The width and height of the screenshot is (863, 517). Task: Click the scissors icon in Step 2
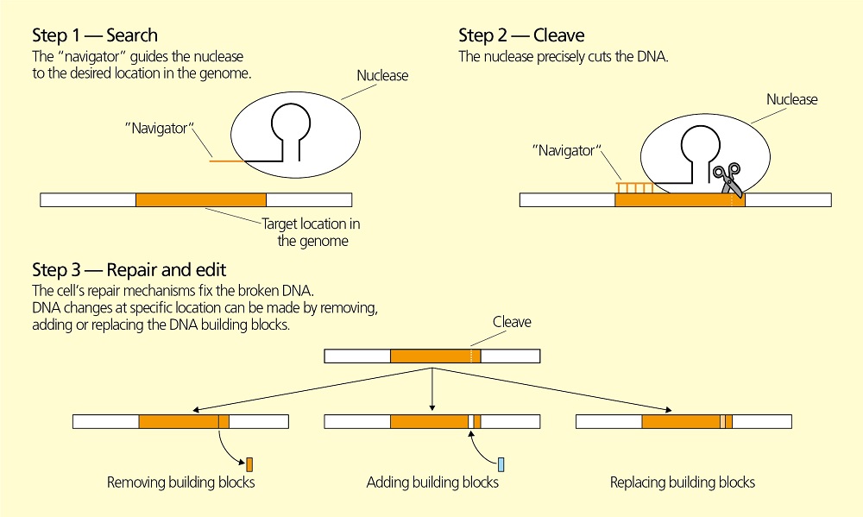pos(727,179)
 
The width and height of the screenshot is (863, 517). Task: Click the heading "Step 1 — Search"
pos(95,35)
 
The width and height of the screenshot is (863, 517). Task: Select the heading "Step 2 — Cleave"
pos(521,35)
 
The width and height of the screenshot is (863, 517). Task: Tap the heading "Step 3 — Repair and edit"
pos(129,270)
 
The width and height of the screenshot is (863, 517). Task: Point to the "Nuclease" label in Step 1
pos(382,76)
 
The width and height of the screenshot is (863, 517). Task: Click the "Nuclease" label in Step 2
pos(791,99)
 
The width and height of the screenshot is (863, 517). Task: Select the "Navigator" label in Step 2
pos(566,151)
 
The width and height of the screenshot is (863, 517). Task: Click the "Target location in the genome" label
pos(312,232)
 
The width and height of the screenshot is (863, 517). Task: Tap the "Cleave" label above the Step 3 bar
pos(512,322)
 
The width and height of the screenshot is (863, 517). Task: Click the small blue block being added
pos(501,464)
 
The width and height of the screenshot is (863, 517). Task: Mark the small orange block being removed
pos(249,464)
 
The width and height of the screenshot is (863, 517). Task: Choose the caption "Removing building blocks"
pos(180,482)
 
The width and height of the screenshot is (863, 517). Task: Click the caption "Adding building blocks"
pos(432,482)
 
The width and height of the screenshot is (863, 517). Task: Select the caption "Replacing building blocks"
pos(682,482)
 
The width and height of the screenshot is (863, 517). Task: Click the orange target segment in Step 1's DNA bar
pos(200,199)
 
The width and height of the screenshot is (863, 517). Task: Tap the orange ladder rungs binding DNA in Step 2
pos(633,186)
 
